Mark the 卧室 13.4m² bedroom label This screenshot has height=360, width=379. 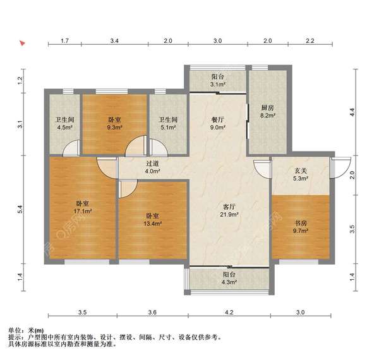[153, 219]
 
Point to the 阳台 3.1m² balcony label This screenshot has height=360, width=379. [218, 80]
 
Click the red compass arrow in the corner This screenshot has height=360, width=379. [23, 44]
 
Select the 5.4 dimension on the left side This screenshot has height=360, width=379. [20, 208]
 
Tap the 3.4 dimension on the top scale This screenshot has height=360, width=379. [114, 40]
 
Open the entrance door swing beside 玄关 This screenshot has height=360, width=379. [342, 167]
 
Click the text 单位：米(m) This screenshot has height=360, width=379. [26, 330]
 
